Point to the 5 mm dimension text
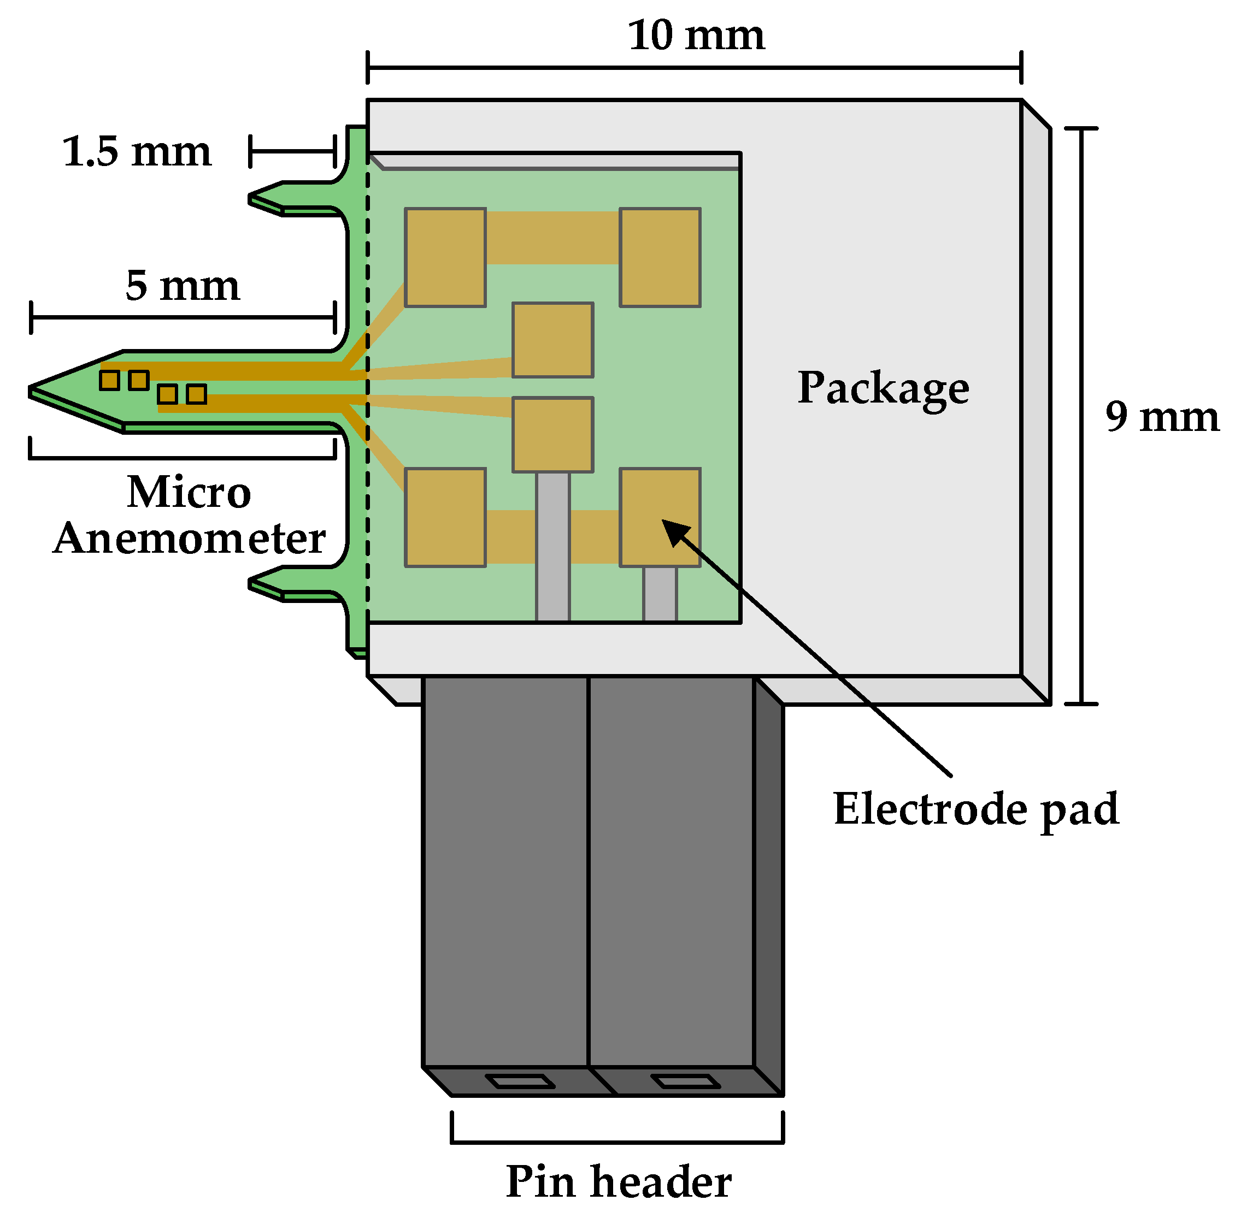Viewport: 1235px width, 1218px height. pos(182,286)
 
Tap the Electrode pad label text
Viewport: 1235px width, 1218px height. pos(975,809)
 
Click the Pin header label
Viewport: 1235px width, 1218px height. pos(618,1181)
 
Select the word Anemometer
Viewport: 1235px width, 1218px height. pos(189,539)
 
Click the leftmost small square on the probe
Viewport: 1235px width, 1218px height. pos(109,380)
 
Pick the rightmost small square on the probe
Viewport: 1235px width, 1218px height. pos(197,394)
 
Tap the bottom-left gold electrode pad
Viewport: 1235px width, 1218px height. pos(445,518)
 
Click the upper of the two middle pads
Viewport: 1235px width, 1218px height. pos(552,340)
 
